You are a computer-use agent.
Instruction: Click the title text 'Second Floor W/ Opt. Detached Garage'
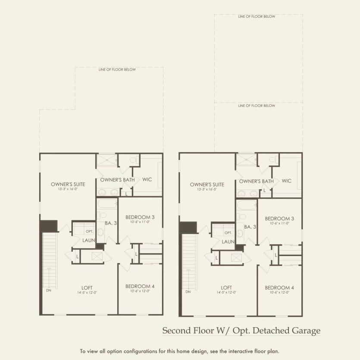tap(241, 331)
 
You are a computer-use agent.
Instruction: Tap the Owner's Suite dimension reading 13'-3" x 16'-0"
tap(68, 189)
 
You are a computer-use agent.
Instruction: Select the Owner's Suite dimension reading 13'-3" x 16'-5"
tap(207, 189)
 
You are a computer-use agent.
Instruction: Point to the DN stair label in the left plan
tap(48, 290)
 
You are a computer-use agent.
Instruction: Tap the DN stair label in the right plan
tap(188, 292)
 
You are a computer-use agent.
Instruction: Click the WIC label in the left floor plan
tap(147, 179)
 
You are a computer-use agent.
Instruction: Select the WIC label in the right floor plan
tap(287, 181)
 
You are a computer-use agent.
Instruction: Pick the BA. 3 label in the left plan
tap(111, 223)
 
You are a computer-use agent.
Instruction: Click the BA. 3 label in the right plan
tap(250, 226)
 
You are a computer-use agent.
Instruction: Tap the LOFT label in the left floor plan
tap(87, 288)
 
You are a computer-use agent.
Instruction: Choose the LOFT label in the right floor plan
tap(226, 288)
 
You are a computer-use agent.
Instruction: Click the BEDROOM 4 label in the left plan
tap(140, 286)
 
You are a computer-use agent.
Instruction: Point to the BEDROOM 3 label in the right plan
tap(279, 219)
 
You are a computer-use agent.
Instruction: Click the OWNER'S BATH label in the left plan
tap(114, 179)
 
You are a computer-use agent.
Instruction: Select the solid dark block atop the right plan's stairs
tap(188, 227)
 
